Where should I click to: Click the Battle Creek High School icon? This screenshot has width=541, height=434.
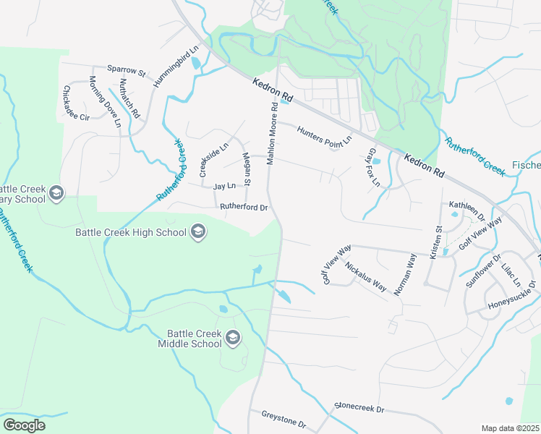coord(197,232)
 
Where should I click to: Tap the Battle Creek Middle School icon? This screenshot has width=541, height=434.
coord(233,338)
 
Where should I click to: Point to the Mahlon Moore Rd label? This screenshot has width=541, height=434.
coord(271,134)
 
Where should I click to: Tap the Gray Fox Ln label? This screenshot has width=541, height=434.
coord(373,167)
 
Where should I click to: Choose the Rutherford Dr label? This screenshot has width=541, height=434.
coord(244,208)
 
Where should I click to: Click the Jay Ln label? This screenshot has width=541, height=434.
coord(224,186)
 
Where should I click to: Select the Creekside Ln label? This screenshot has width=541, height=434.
coord(214,159)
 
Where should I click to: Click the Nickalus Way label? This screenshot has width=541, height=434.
coord(365,276)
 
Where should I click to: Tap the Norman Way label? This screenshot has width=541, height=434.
coord(404,274)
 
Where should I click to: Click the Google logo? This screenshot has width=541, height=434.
coord(24,425)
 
